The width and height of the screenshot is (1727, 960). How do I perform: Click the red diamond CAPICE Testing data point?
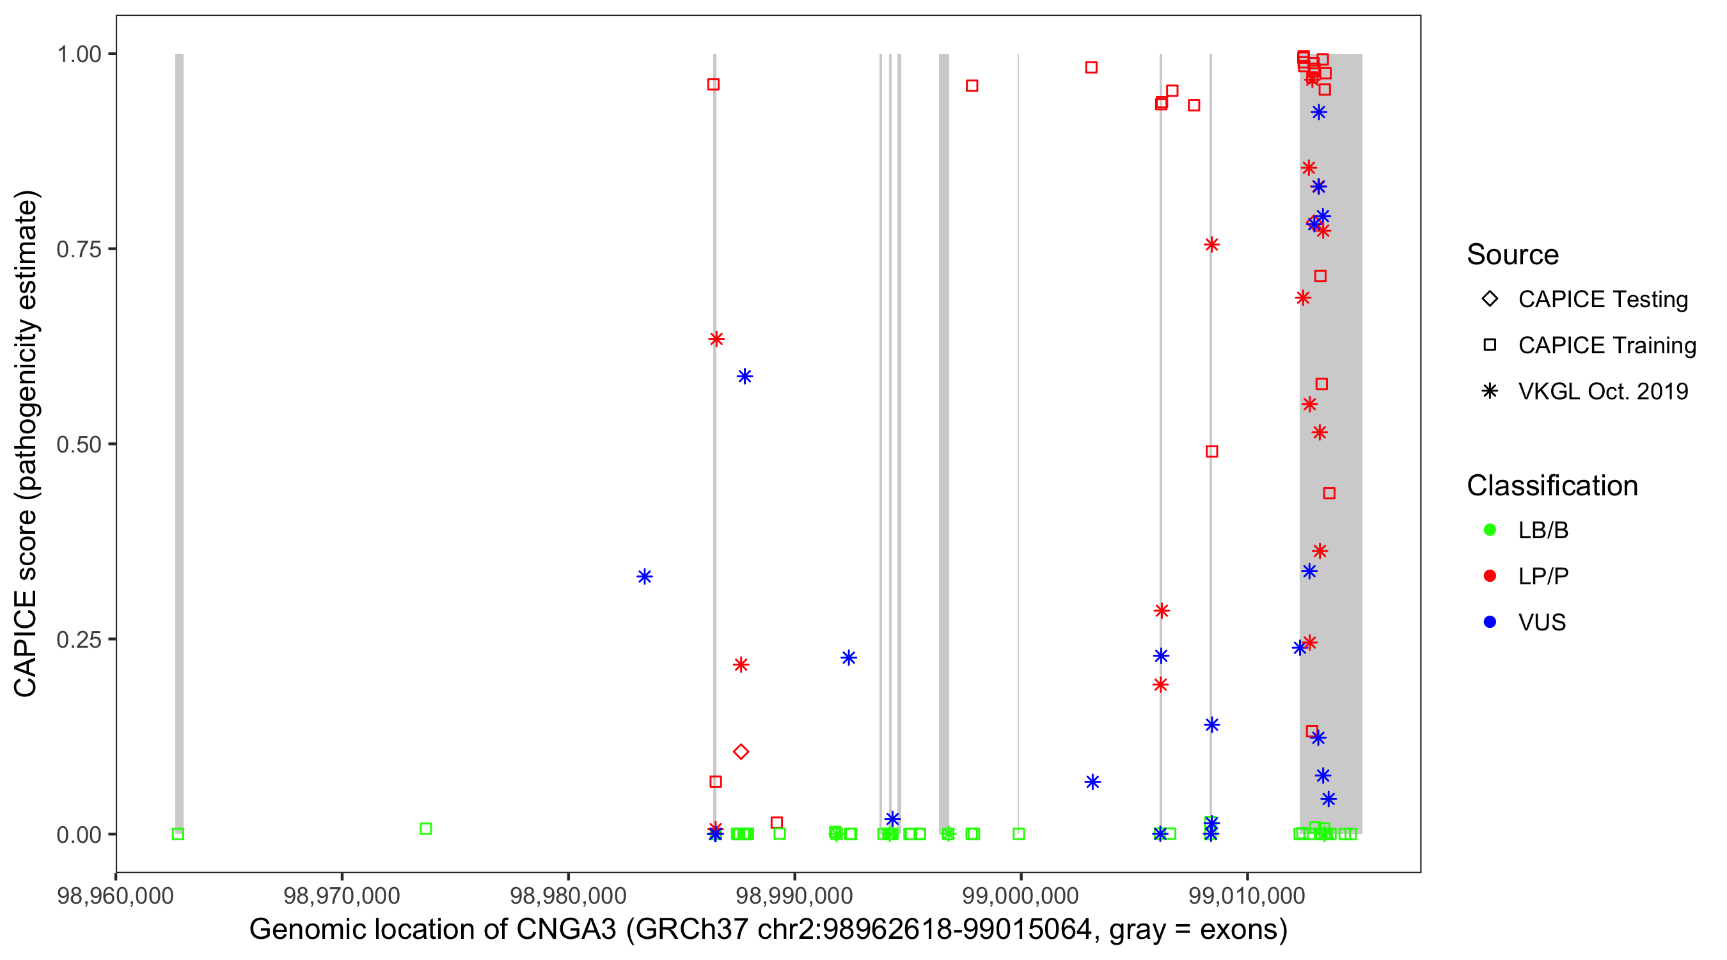tap(741, 751)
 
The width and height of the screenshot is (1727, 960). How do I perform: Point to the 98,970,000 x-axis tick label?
tap(342, 895)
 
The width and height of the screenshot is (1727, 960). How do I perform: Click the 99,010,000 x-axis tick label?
tap(1247, 895)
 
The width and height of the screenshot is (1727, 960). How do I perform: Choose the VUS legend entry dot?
tap(1490, 622)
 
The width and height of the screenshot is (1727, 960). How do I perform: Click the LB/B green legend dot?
tap(1490, 530)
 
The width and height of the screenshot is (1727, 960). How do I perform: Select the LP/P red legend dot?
tap(1490, 576)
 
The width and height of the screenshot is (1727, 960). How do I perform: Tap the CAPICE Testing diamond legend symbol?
tap(1490, 298)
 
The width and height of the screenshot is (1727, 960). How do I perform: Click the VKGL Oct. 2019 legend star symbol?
tap(1490, 391)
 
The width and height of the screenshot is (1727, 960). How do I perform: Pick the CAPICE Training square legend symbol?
tap(1490, 345)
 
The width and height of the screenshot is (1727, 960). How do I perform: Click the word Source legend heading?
tap(1513, 255)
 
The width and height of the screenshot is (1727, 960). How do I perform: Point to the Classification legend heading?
tap(1552, 486)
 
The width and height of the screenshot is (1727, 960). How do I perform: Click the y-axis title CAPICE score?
tap(27, 443)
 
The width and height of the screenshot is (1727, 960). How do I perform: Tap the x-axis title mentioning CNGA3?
tap(768, 930)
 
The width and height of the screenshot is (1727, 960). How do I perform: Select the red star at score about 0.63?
tap(716, 339)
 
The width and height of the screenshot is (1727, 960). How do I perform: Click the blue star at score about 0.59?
tap(745, 376)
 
